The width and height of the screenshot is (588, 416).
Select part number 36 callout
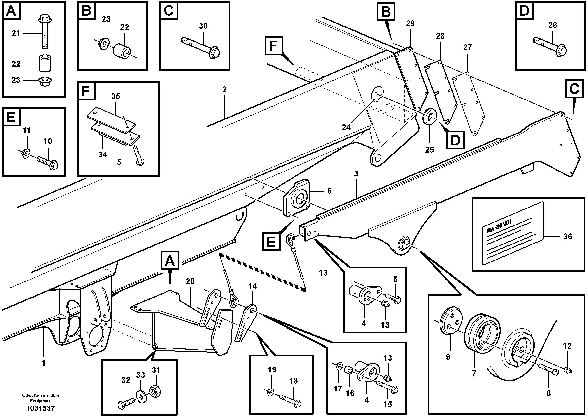[x=567, y=236]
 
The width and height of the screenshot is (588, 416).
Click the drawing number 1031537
[x=40, y=408]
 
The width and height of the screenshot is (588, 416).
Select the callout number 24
[x=346, y=127]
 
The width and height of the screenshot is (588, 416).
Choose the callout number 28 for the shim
[x=440, y=36]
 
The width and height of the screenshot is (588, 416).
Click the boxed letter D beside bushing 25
[x=455, y=140]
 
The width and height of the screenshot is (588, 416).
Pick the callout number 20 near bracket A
[x=190, y=281]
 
